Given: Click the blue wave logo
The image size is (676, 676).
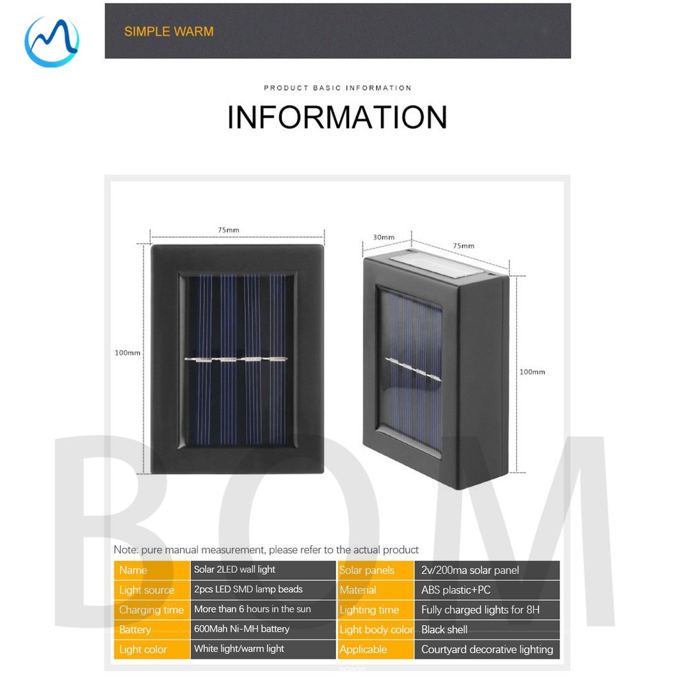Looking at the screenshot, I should (51, 41).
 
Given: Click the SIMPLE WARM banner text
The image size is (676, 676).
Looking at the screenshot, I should (168, 31).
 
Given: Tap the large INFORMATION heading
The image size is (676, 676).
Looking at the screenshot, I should (337, 117).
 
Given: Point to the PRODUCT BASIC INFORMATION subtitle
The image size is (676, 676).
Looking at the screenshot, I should (337, 88).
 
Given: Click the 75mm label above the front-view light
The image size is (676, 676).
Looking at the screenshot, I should (228, 230).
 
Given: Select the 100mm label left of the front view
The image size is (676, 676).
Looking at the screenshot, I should (127, 353).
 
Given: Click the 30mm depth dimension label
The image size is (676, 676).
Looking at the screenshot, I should (383, 237).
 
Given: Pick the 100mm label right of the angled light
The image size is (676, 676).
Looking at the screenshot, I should (532, 372).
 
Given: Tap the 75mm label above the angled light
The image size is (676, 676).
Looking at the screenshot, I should (463, 246).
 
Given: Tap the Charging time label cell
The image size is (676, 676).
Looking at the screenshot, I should (151, 610).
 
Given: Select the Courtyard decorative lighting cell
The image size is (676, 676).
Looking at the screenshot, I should (487, 649).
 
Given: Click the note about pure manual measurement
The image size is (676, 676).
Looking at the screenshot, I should (266, 549).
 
